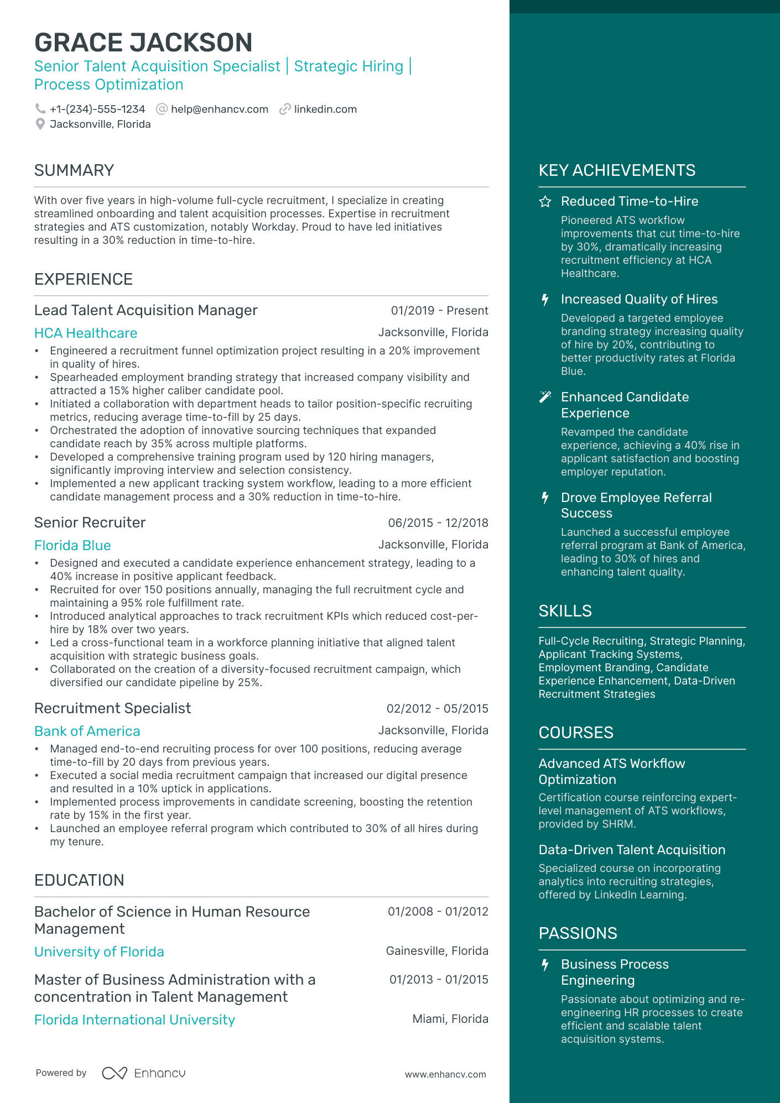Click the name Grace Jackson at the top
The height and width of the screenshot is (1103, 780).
pos(143,43)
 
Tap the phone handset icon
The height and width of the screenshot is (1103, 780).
pos(40,109)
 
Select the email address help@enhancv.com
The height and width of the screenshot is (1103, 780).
pos(219,109)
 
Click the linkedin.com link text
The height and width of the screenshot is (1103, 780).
pos(325,109)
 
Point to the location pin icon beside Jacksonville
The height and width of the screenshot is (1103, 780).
pos(40,124)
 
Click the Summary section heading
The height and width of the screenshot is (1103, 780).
pos(74,170)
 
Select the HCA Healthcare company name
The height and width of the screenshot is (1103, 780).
pos(86,333)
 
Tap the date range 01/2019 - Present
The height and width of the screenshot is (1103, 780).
pos(439,311)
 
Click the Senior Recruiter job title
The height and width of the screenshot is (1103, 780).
pos(90,522)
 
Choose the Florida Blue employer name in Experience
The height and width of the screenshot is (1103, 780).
pos(72,545)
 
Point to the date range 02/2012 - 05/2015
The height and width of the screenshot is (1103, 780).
pos(437,709)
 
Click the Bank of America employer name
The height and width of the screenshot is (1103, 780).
pos(87,731)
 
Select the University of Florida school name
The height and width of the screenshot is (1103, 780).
pos(99,952)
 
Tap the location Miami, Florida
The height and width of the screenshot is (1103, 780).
pos(450,1019)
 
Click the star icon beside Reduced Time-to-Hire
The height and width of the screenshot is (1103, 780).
pos(545,202)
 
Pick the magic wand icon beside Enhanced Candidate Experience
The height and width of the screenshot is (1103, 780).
pos(545,397)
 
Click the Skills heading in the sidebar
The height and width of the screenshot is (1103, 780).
pos(565,611)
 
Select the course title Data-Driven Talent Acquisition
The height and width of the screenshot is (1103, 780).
pos(632,850)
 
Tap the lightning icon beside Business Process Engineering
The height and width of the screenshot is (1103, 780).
pos(545,965)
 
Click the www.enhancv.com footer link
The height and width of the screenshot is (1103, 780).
pos(445,1074)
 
